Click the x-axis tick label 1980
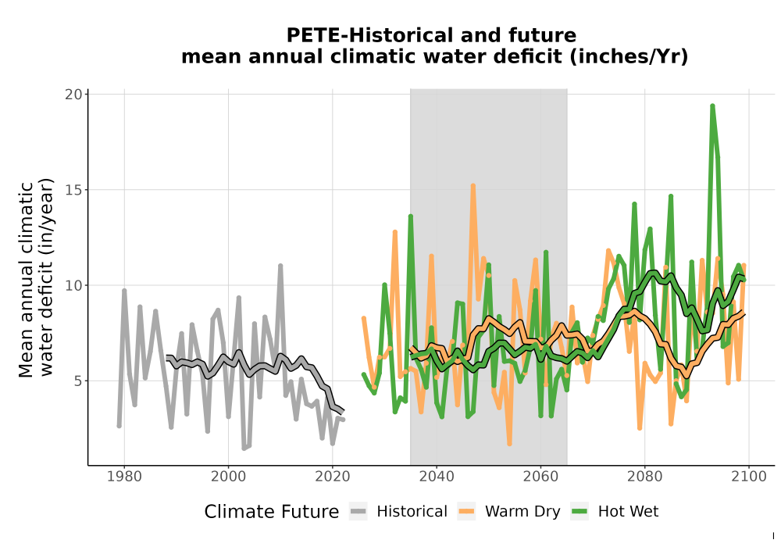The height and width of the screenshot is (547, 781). click(x=124, y=476)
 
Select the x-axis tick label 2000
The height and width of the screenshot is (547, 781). click(x=228, y=476)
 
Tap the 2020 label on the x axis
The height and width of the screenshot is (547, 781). click(x=332, y=476)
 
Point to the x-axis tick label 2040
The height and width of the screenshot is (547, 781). click(x=437, y=476)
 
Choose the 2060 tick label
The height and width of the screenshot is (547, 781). click(x=540, y=476)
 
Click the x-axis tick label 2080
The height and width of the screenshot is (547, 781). click(x=644, y=476)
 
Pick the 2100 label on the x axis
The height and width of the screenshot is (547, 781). click(x=749, y=476)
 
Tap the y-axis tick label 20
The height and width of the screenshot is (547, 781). click(x=73, y=94)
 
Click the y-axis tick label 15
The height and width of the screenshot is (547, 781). click(x=73, y=190)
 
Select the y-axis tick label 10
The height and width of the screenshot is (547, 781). click(x=73, y=285)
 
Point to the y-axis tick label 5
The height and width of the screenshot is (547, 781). click(x=77, y=381)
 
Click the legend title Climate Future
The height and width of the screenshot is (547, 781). click(x=272, y=512)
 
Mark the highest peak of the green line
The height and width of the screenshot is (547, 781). click(x=712, y=105)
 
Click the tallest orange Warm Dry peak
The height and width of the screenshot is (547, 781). click(x=473, y=185)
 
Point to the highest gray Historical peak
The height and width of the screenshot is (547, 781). click(x=280, y=266)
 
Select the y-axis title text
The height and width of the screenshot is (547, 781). click(x=35, y=279)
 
